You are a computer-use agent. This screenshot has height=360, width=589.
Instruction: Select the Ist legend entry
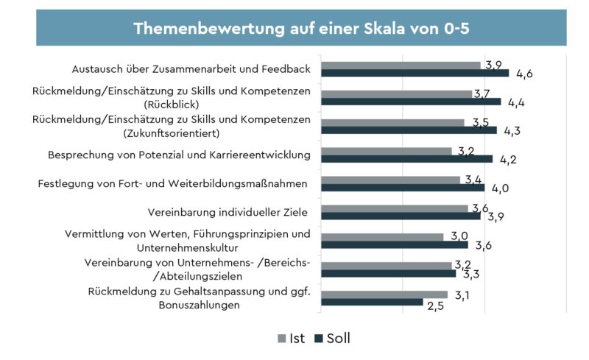point(291,338)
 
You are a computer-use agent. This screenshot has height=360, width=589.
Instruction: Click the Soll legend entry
point(332,338)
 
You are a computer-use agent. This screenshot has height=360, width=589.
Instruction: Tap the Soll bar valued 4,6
point(415,73)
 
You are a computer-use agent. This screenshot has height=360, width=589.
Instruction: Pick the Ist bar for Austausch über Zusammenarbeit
point(401,65)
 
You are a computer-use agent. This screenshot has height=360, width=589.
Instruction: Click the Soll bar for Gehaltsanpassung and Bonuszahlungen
point(373,302)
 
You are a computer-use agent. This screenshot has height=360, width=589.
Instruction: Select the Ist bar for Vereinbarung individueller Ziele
point(395,208)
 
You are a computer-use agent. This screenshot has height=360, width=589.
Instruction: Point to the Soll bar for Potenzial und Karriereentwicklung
point(407,158)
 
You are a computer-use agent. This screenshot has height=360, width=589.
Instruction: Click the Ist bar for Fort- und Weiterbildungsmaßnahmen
point(391,180)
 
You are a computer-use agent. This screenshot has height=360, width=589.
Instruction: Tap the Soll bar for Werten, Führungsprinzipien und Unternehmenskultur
point(395,244)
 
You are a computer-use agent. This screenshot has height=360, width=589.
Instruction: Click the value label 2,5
point(437,305)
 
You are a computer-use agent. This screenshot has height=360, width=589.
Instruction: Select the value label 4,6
point(524,74)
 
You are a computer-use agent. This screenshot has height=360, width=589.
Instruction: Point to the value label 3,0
point(461,236)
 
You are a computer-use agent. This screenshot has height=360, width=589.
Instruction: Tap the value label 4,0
point(501,188)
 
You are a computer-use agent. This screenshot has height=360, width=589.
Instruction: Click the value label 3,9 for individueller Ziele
point(495,217)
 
